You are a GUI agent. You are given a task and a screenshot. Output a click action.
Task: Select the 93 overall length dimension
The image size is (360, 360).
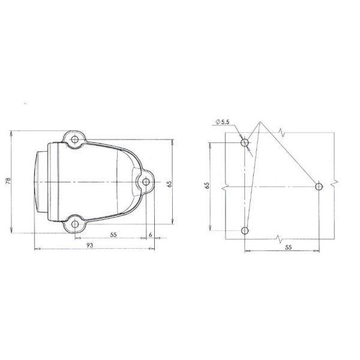(89, 245)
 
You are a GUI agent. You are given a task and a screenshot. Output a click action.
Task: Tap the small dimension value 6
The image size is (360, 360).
(149, 235)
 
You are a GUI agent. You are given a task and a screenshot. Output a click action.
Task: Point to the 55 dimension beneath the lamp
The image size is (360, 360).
(113, 235)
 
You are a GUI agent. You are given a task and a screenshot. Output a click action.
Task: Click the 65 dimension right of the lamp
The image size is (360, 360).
(170, 184)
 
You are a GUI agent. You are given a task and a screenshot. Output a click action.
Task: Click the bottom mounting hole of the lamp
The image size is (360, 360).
(74, 223)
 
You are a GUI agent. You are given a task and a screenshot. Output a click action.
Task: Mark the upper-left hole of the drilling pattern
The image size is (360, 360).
(245, 143)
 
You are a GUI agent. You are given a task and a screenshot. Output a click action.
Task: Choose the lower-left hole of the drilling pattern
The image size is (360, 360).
(245, 230)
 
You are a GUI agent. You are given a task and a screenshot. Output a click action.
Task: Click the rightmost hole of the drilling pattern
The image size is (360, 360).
(319, 187)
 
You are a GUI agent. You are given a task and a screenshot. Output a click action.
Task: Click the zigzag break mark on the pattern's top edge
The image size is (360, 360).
(281, 132)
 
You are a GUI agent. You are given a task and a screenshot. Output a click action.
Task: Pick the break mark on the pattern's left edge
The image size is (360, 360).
(223, 187)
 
